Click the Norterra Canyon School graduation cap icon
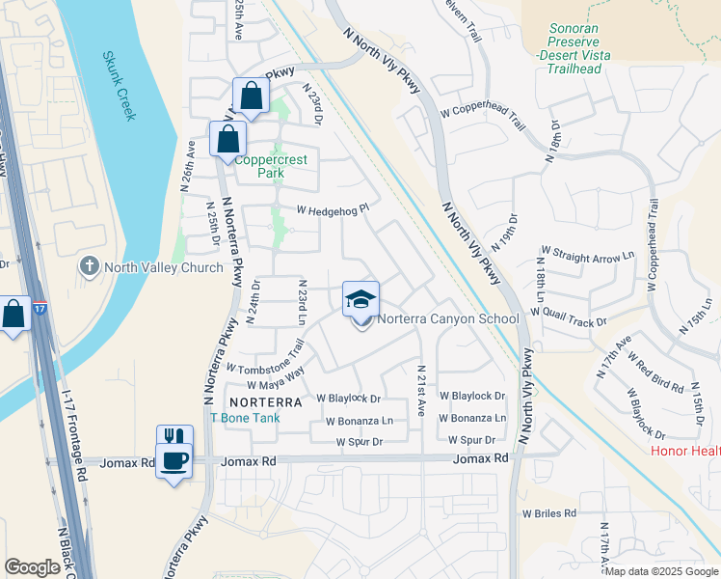click(361, 298)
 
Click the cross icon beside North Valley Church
click(90, 265)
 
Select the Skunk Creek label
click(120, 86)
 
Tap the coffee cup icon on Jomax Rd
click(174, 461)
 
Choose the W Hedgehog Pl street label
click(334, 208)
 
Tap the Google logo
click(31, 567)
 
